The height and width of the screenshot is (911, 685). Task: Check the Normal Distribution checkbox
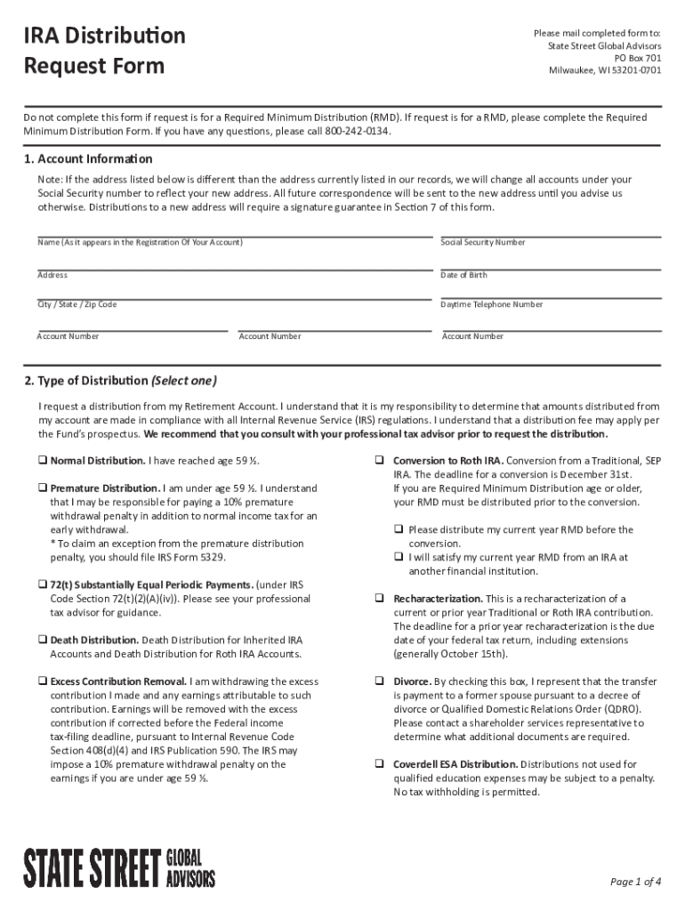click(x=42, y=461)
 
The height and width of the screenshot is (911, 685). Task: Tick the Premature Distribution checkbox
click(x=42, y=488)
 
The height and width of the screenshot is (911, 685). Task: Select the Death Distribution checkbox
click(x=42, y=640)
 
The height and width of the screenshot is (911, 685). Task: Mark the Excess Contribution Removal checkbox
click(x=42, y=681)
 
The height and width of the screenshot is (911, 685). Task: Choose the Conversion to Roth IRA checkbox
click(x=379, y=461)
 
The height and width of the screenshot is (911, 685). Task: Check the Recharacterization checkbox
click(x=379, y=599)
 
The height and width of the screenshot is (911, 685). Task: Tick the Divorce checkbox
click(x=379, y=681)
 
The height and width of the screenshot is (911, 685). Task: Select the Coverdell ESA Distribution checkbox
click(x=379, y=764)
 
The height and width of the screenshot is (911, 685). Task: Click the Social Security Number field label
click(x=482, y=242)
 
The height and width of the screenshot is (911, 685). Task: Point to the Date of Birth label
click(x=463, y=275)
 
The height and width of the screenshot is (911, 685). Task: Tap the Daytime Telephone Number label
click(x=491, y=304)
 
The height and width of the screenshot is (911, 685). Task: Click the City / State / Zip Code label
click(x=77, y=304)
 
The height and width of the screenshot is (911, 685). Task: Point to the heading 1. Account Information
click(x=88, y=159)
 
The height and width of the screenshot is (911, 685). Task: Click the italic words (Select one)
click(x=183, y=382)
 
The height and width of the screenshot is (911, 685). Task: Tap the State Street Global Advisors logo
click(x=119, y=867)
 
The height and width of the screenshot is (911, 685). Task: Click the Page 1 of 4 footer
click(x=635, y=882)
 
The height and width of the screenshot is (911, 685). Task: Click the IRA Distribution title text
click(x=104, y=36)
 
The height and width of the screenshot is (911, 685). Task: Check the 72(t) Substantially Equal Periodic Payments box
click(x=42, y=585)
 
